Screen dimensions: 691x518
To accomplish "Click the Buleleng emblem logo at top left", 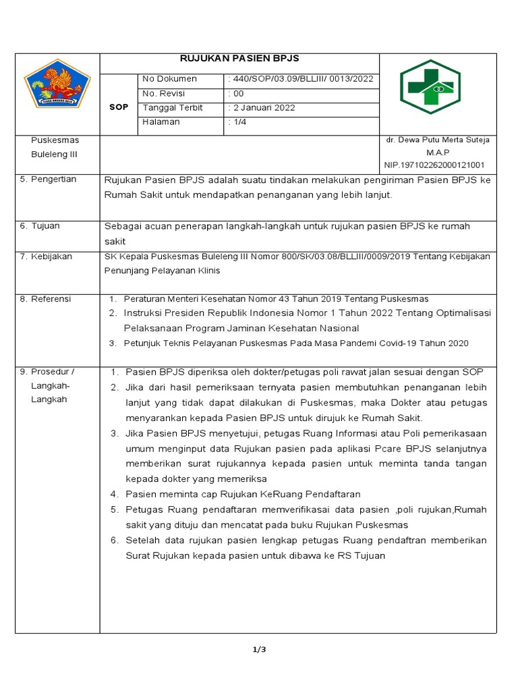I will click(57, 85).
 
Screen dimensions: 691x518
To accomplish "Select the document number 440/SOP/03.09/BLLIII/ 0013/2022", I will click(301, 80).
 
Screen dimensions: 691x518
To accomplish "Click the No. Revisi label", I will click(164, 94).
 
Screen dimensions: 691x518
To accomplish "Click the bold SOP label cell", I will click(119, 107).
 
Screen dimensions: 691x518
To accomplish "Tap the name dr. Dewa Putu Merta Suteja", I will click(437, 140).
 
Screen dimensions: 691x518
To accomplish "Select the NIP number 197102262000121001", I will click(434, 165).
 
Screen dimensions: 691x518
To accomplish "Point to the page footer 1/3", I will click(259, 650).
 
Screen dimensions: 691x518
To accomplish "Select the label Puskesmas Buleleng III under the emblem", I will click(55, 147).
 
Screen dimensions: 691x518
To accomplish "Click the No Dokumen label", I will click(169, 80).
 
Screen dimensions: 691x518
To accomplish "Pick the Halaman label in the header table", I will click(161, 122).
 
